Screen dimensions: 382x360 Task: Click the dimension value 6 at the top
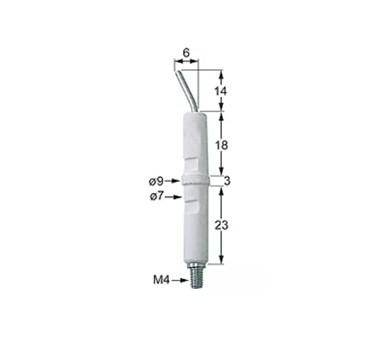[x=186, y=52]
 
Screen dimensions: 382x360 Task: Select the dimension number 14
[x=221, y=91]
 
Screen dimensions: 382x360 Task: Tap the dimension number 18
[x=221, y=145]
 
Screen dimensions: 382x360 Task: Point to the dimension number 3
[x=227, y=181]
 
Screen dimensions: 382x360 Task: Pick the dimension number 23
[x=221, y=225]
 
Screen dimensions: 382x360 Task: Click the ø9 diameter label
[x=156, y=181]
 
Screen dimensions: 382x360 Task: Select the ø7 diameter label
[x=157, y=196]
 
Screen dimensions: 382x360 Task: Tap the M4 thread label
[x=161, y=280]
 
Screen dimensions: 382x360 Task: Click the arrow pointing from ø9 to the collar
[x=172, y=181]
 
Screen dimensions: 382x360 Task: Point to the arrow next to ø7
[x=173, y=197]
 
